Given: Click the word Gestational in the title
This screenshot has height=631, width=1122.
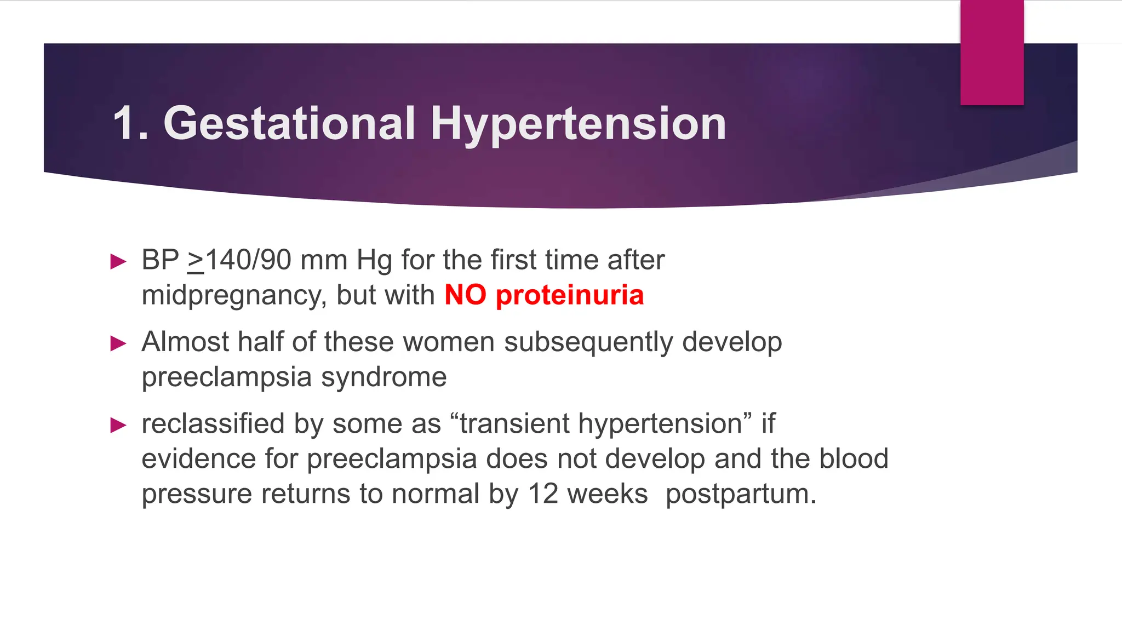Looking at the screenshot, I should (x=289, y=124).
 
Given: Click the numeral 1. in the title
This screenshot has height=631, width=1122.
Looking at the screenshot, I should (x=130, y=124).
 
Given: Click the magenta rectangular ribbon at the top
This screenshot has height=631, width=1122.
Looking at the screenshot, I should (x=992, y=52).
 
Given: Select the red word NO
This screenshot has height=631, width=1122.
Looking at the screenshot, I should (x=465, y=295).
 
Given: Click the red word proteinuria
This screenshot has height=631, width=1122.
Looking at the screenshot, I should (x=570, y=296).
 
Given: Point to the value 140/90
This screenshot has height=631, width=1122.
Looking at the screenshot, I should (x=248, y=260).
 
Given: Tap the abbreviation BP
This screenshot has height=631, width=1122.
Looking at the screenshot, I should (x=160, y=260).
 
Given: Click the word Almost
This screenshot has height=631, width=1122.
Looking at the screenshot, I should (x=185, y=342).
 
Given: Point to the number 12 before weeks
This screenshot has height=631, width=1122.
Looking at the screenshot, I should (x=543, y=494).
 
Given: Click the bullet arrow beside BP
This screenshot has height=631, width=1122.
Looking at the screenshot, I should (x=118, y=261).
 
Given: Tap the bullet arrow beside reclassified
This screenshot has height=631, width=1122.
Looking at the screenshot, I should (x=118, y=425).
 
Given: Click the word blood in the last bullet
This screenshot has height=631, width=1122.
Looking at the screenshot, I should (x=853, y=459).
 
